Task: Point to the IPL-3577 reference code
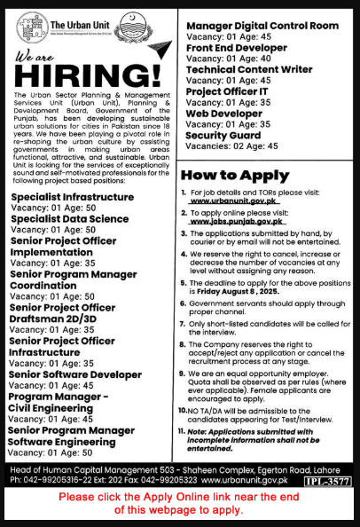click(x=328, y=481)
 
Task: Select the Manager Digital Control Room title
click(x=262, y=7)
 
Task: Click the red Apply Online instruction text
click(x=180, y=502)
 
